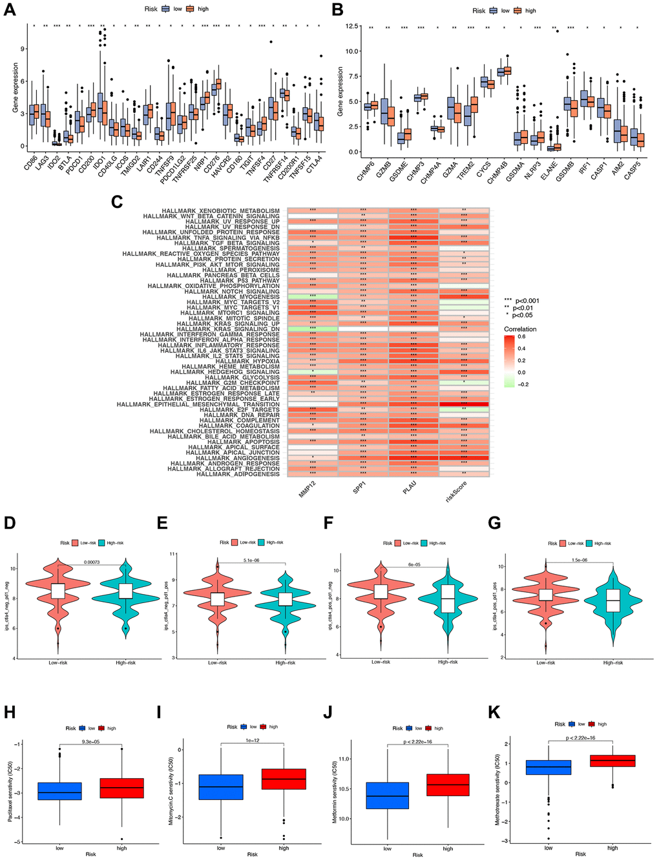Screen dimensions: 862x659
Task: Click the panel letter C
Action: (118, 201)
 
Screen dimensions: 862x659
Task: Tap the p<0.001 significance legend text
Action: (527, 301)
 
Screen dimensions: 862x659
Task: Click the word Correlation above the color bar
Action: (520, 329)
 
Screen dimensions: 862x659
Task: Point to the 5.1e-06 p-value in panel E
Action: (252, 560)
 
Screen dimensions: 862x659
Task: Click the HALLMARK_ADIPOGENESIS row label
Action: (238, 475)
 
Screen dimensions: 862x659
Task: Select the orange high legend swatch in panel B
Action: (518, 11)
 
